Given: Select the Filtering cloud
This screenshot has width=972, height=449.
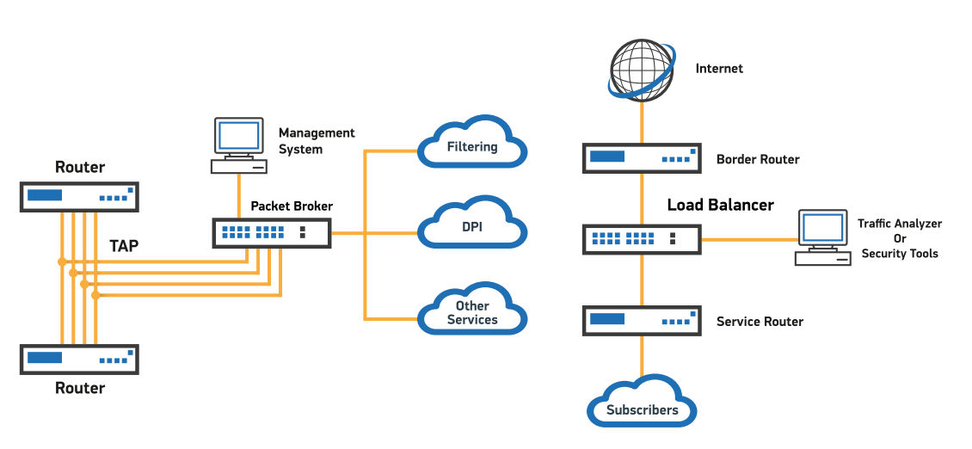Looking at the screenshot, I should [472, 145].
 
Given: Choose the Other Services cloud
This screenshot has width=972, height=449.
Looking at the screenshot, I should [472, 311].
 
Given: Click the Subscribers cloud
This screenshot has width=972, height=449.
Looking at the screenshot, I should [642, 407].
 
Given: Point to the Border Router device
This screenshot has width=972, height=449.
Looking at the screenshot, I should [642, 158].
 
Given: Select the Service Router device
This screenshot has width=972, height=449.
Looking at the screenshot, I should [642, 321].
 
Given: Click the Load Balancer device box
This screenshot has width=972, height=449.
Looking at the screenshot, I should [642, 239].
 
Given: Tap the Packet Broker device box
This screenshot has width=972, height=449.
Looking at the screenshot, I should [272, 232].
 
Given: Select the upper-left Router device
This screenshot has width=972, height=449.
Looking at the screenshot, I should [79, 196].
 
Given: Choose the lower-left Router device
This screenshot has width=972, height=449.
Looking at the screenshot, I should [79, 359].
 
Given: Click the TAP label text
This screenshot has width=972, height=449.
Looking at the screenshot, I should [124, 246].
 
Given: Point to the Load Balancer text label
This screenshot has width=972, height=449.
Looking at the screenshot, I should [720, 205].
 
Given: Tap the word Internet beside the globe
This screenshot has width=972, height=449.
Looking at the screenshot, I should [719, 68].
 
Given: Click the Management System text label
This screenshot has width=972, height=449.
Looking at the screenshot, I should [316, 141].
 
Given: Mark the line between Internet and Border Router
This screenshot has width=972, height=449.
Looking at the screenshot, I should [642, 120].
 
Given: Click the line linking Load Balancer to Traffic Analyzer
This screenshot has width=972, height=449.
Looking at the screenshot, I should [747, 239].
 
